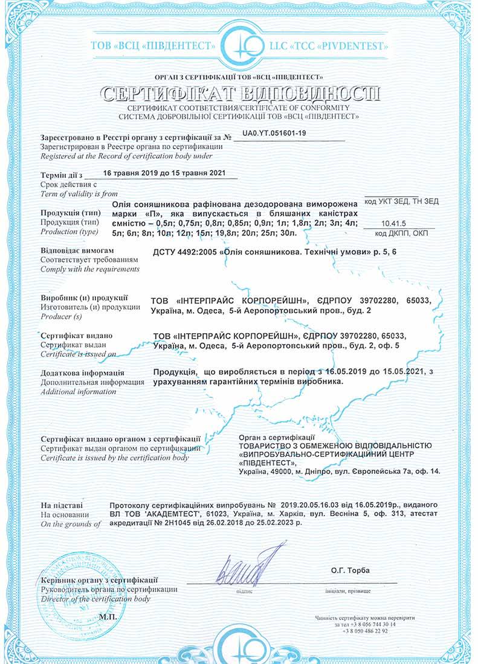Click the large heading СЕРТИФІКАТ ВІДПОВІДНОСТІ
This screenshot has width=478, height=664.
(x=240, y=94)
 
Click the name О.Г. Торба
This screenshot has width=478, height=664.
(x=349, y=570)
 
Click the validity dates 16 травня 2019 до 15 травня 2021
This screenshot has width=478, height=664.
(x=164, y=173)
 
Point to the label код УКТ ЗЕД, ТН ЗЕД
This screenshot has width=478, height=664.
(x=402, y=201)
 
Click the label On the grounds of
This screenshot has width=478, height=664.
(x=70, y=523)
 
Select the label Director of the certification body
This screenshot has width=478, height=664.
(x=95, y=599)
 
